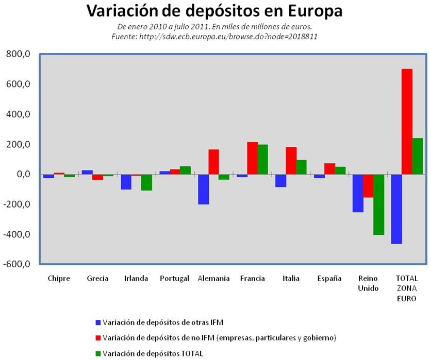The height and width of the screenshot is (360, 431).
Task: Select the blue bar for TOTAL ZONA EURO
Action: (x=396, y=209)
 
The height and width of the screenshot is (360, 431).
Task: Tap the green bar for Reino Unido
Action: (x=379, y=204)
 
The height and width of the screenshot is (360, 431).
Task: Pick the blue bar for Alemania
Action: (x=204, y=190)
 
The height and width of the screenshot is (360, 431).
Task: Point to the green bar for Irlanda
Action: (x=146, y=182)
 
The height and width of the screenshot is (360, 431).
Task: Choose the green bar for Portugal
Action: (x=186, y=170)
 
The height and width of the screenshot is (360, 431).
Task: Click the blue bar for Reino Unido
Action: (x=358, y=193)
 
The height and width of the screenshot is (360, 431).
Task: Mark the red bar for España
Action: (x=330, y=169)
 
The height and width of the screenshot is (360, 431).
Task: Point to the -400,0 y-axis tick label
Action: (x=18, y=234)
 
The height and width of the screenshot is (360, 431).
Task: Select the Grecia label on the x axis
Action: (x=97, y=279)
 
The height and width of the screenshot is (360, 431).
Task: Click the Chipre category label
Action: (x=59, y=279)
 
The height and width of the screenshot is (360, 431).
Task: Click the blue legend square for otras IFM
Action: (x=98, y=322)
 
